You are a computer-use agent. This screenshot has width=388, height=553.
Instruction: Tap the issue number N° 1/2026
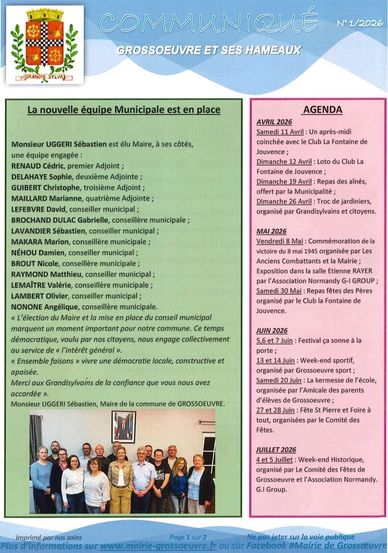pyautogui.click(x=360, y=24)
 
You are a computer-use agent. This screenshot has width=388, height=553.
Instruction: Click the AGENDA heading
pyautogui.click(x=322, y=110)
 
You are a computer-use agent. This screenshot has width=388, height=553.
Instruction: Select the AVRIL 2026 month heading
pyautogui.click(x=274, y=122)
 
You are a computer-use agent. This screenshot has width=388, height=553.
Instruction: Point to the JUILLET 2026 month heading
pyautogui.click(x=276, y=450)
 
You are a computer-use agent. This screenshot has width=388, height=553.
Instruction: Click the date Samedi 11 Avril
pyautogui.click(x=280, y=132)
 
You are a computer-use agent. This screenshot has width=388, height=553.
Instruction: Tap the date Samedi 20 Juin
pyautogui.click(x=279, y=380)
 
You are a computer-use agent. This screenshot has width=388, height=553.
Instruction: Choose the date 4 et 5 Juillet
pyautogui.click(x=274, y=460)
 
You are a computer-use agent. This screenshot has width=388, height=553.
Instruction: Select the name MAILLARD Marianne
pyautogui.click(x=46, y=199)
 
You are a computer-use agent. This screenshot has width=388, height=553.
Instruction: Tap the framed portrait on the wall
pyautogui.click(x=123, y=426)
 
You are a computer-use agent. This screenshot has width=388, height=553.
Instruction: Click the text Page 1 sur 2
pyautogui.click(x=188, y=537)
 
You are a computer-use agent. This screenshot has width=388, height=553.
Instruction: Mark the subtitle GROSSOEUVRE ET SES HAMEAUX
pyautogui.click(x=209, y=50)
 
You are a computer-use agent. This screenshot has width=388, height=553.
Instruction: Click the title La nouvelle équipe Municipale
pyautogui.click(x=124, y=110)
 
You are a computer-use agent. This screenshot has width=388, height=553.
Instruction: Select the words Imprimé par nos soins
pyautogui.click(x=49, y=538)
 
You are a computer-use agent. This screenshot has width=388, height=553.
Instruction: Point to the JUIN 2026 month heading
pyautogui.click(x=272, y=330)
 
